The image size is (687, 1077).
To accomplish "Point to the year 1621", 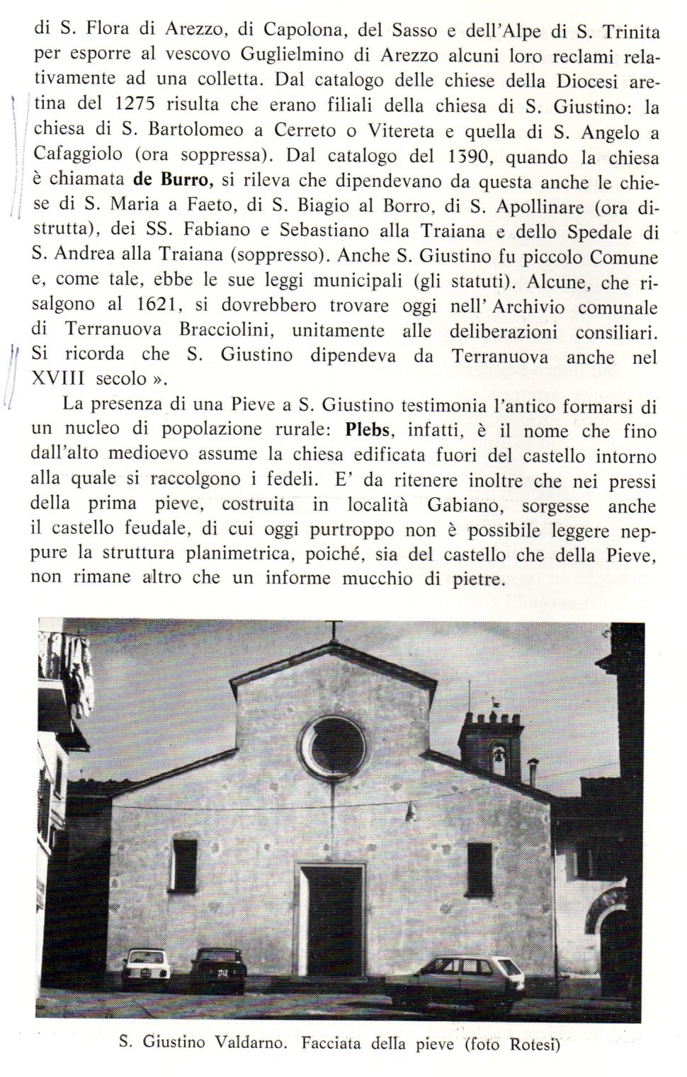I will (153, 306).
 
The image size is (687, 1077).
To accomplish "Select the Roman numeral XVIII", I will (58, 378).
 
